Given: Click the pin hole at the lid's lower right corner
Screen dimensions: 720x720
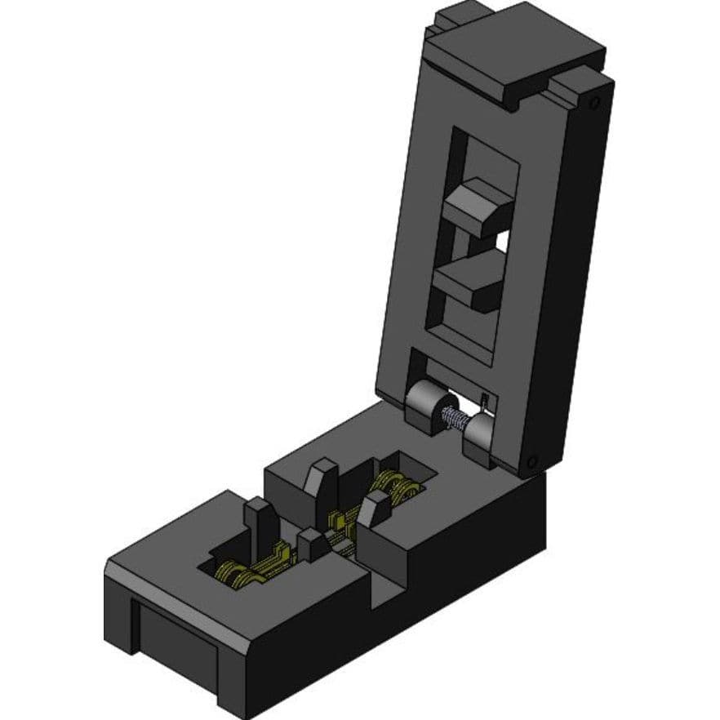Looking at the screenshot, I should point(533,461).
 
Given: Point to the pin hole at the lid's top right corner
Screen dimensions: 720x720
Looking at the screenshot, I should point(595,102).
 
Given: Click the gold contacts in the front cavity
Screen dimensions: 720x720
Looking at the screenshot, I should point(245,571).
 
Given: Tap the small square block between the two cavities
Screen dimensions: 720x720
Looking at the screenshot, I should point(312,544).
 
